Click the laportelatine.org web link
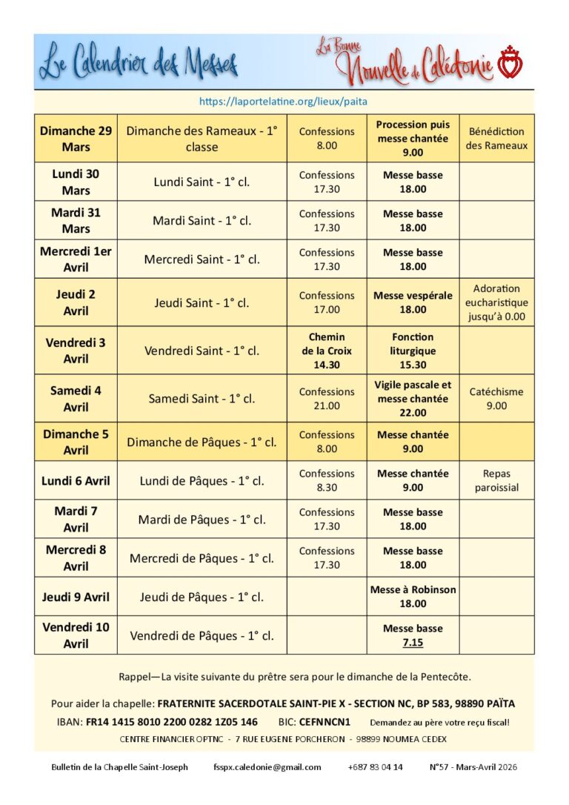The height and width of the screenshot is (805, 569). (284, 102)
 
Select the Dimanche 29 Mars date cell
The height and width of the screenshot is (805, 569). (76, 139)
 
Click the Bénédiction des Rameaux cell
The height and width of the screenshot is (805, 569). (496, 139)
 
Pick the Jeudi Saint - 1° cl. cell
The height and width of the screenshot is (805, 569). (202, 302)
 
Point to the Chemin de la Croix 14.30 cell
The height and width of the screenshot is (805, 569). (327, 351)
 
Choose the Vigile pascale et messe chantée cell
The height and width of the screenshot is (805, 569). (413, 399)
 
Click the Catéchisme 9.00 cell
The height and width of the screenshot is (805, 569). (496, 399)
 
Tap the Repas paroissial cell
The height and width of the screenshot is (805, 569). (496, 480)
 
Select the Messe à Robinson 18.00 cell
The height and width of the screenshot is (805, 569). (413, 597)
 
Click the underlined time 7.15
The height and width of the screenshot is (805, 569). (413, 643)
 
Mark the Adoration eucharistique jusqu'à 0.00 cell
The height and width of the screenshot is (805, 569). (496, 302)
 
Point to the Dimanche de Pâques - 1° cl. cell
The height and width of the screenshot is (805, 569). (202, 443)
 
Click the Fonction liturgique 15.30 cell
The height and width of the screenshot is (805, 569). (413, 351)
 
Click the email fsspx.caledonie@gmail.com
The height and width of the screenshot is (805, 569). (267, 767)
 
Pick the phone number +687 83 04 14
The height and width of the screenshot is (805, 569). (375, 767)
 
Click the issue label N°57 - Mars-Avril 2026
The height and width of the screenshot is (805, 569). (473, 767)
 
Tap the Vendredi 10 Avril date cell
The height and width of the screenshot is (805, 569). (76, 635)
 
